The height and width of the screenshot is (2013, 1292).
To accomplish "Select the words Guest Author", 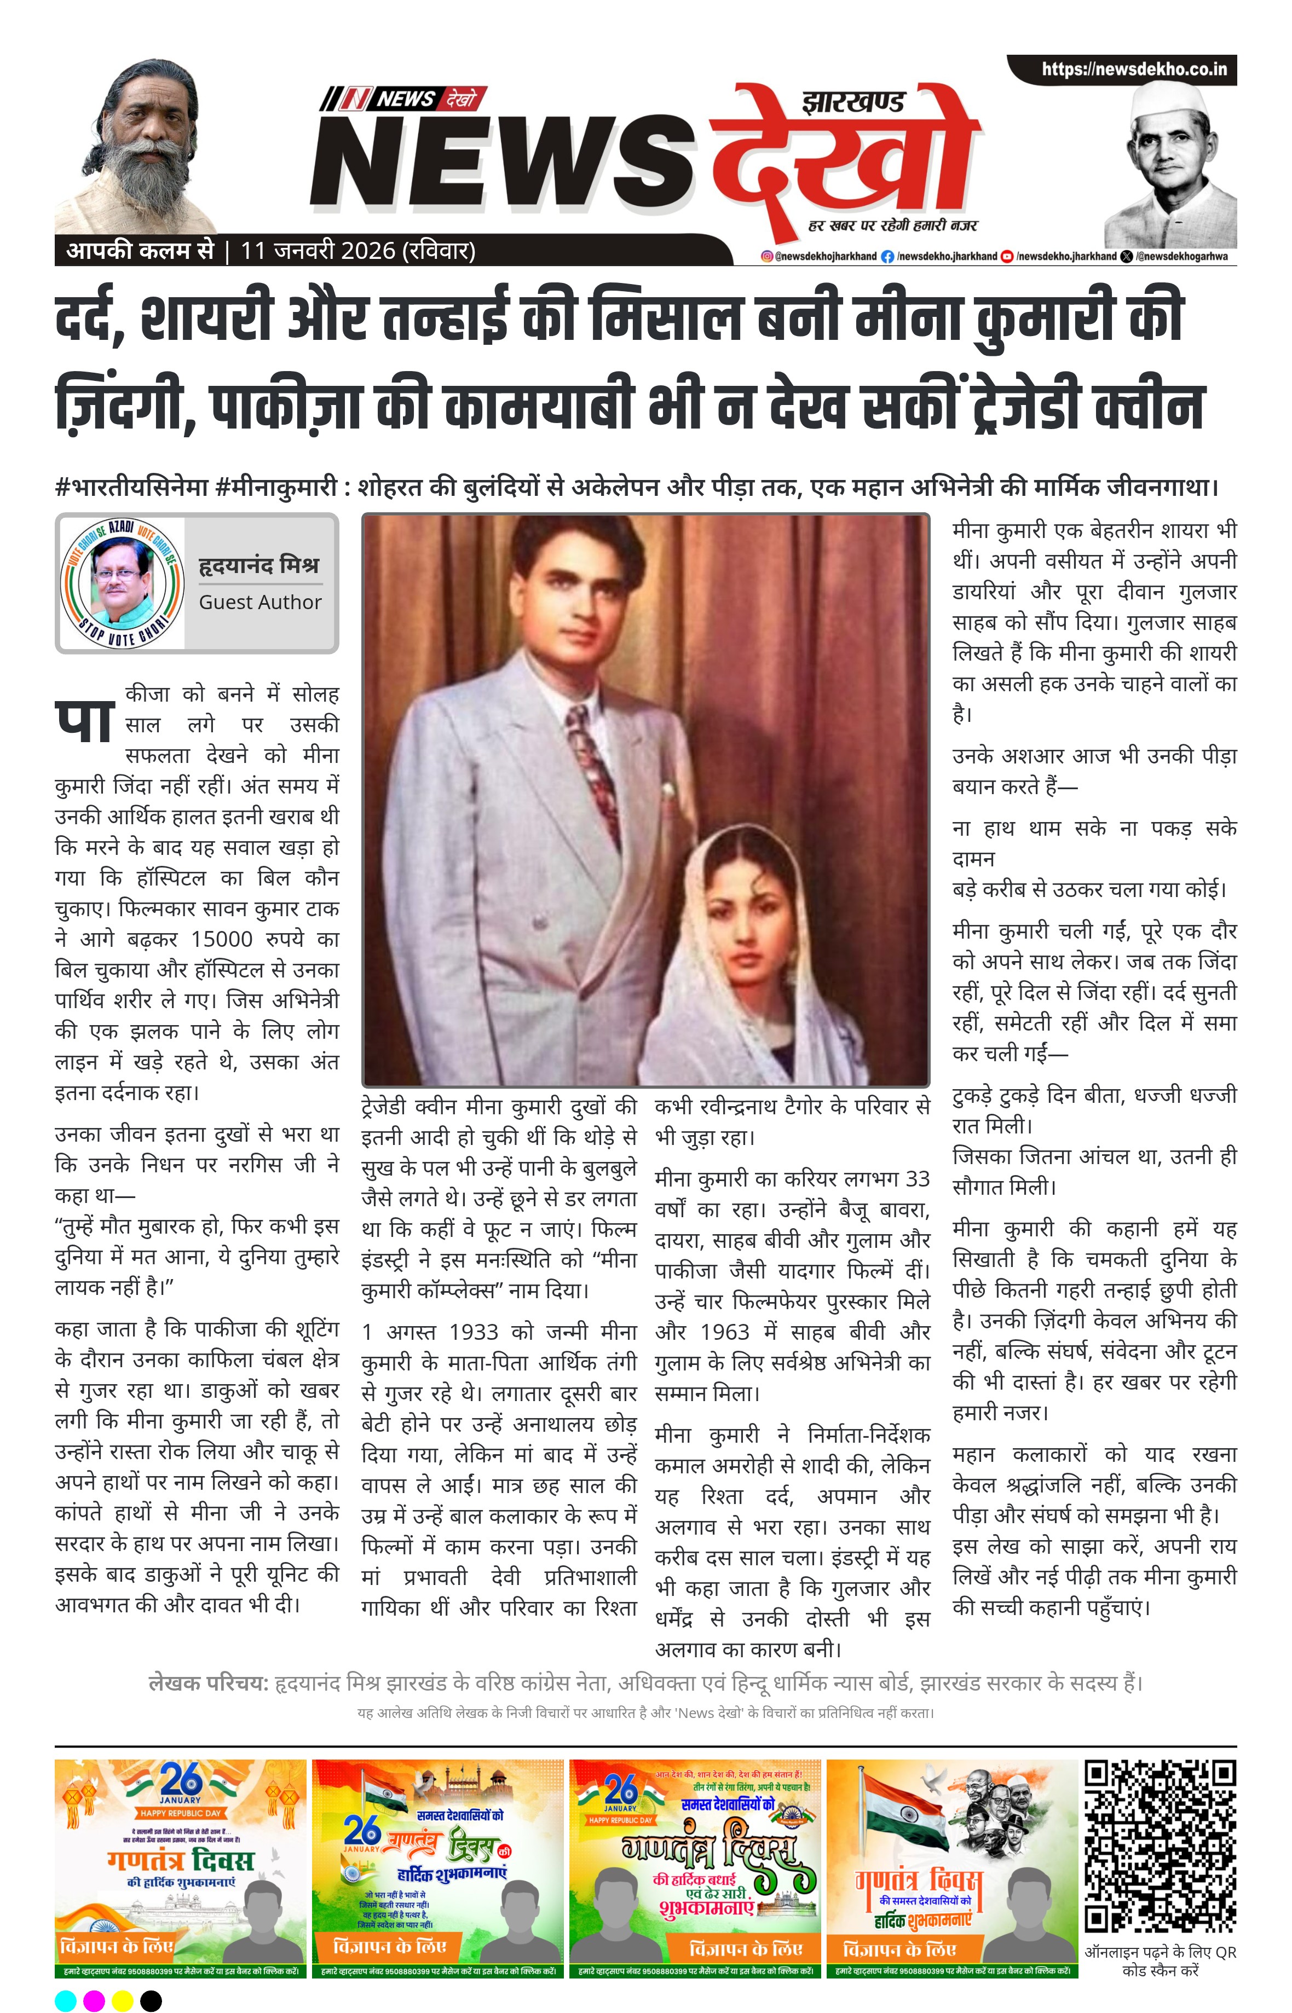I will click(x=260, y=602).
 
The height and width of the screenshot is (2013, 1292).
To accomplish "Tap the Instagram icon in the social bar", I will click(x=766, y=257).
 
